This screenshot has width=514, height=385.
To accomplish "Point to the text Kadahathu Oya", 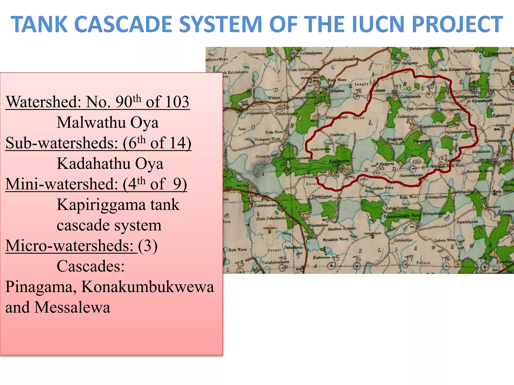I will pyautogui.click(x=110, y=163).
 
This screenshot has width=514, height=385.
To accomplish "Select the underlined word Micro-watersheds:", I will pyautogui.click(x=71, y=246).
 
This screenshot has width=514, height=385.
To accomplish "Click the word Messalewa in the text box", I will pyautogui.click(x=72, y=307).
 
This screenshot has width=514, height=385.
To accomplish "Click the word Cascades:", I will pyautogui.click(x=91, y=266).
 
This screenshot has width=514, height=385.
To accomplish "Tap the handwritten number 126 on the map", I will pyautogui.click(x=416, y=162).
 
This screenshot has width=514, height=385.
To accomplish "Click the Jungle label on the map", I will pyautogui.click(x=361, y=84).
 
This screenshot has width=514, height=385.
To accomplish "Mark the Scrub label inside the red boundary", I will pyautogui.click(x=358, y=118).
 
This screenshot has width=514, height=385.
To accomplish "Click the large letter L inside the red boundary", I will pyautogui.click(x=370, y=123).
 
